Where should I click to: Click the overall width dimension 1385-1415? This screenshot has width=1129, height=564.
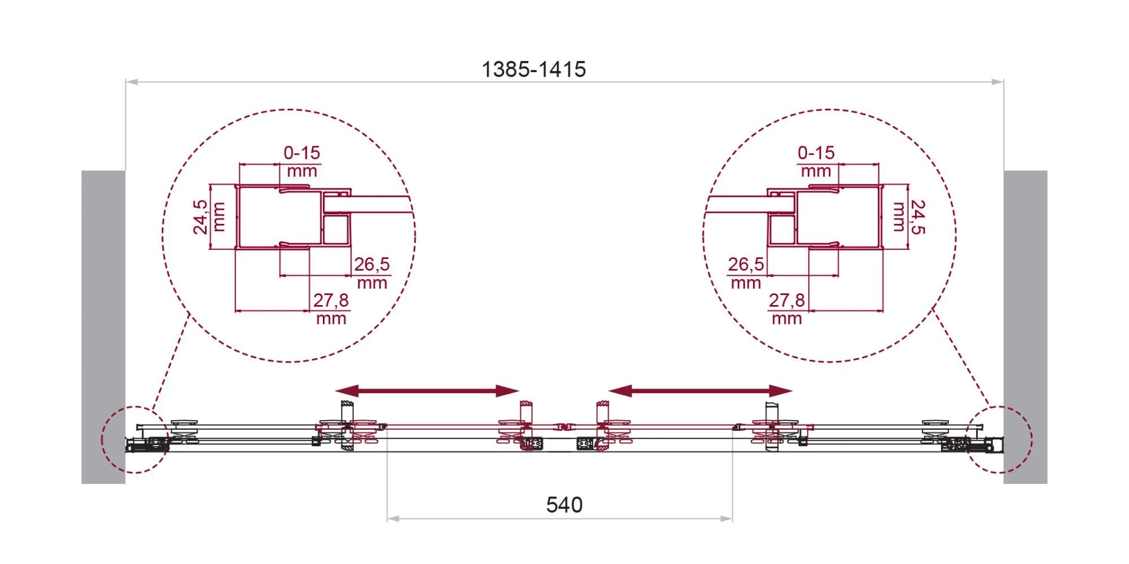click(x=533, y=69)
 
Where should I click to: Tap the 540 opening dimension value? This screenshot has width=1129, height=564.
click(x=564, y=505)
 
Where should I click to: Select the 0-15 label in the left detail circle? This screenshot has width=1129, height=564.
click(x=301, y=152)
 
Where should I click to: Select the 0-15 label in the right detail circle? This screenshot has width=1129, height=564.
click(x=816, y=152)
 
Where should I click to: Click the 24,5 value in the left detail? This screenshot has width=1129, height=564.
click(x=200, y=217)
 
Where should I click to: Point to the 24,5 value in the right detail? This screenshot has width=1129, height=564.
click(x=918, y=217)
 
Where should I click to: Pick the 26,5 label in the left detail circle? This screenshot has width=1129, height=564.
click(x=371, y=264)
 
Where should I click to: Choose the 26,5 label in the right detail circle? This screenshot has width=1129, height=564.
click(x=746, y=264)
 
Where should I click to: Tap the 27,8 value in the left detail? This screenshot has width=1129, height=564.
click(x=331, y=300)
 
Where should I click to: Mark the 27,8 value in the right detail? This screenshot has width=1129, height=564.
click(x=786, y=300)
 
